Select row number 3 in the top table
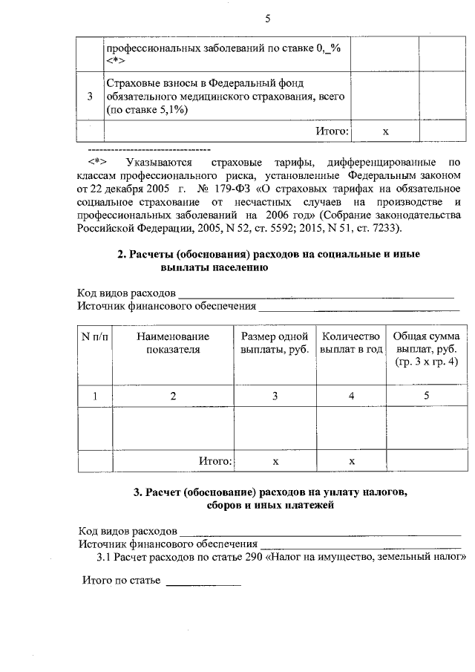[x=90, y=97]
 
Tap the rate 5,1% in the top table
[x=168, y=110]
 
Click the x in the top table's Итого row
[x=385, y=131]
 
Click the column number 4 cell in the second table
[x=352, y=396]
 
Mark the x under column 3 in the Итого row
[x=275, y=461]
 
